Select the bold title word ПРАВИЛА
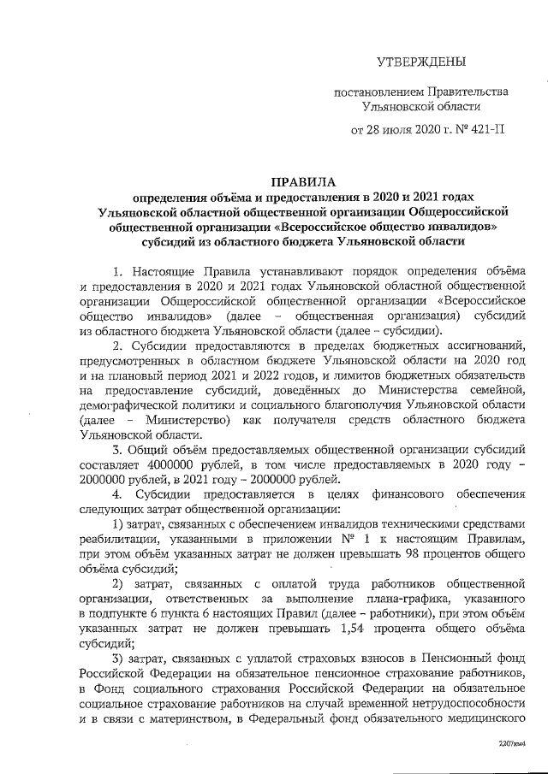[x=300, y=181]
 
